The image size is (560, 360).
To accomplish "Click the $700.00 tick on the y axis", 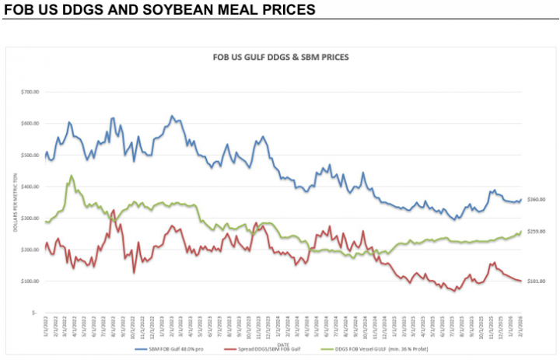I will [30, 93].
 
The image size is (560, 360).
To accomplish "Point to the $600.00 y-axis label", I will [30, 124].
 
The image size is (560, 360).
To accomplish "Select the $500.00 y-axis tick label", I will [30, 156].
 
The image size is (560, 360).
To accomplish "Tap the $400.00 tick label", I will [30, 187].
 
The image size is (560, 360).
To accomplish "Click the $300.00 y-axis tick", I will [30, 218].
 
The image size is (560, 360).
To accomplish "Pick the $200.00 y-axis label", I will [30, 250].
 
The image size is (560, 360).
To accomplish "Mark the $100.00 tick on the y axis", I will [30, 281].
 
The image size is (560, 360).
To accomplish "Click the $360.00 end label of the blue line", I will [536, 200].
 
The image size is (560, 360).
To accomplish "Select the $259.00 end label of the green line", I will [536, 232].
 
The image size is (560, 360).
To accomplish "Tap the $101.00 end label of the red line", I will [536, 281].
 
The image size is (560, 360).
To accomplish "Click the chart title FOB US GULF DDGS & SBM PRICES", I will [280, 58].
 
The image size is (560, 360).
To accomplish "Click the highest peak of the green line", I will [72, 176].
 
